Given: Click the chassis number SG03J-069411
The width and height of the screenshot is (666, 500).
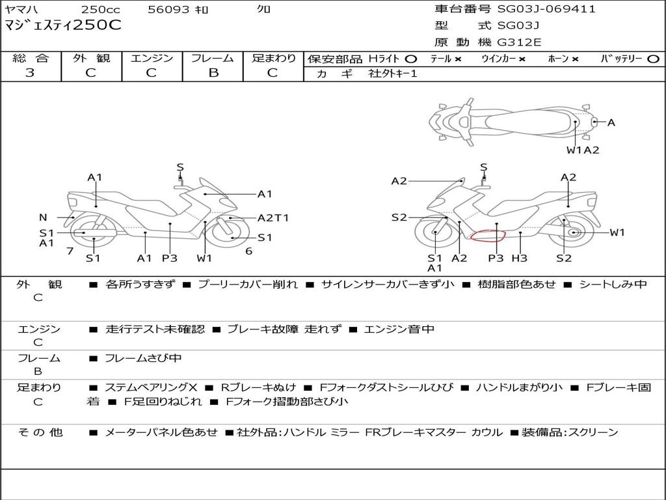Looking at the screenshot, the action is click(546, 9).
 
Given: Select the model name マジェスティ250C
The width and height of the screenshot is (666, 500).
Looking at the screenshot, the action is click(63, 25).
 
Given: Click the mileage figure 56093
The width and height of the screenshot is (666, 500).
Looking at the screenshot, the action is click(168, 9).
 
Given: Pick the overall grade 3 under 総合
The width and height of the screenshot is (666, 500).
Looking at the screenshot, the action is click(30, 73).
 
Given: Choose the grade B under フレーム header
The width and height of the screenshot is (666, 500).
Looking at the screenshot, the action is click(213, 73).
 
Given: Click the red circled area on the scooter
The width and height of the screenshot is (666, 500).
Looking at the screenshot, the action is click(488, 235).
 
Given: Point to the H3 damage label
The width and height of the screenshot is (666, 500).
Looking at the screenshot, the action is click(519, 258).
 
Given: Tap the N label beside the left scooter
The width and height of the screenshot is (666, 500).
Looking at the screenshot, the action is click(43, 217).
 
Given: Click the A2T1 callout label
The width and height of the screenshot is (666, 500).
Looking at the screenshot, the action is click(273, 217).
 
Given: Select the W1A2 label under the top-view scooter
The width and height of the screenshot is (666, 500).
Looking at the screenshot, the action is click(583, 150).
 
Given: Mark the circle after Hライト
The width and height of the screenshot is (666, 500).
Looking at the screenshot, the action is click(411, 59).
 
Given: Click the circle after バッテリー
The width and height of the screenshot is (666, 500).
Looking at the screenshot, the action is click(653, 59).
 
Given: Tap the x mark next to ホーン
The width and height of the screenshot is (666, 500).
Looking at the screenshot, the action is click(575, 59).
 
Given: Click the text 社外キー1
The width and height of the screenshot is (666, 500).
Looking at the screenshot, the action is click(393, 74).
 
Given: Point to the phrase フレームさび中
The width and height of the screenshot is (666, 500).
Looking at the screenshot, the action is click(143, 358).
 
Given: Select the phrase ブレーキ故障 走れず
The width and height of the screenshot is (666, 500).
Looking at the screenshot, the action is click(284, 329).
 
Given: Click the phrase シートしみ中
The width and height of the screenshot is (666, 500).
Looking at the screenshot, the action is click(613, 284).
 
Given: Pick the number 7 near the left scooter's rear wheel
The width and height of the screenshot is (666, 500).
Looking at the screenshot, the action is click(70, 251).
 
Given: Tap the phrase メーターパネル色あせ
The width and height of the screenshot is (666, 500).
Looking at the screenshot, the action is click(161, 432).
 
